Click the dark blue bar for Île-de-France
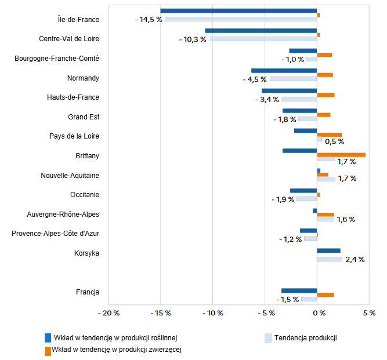(x=238, y=10)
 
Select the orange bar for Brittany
(x=341, y=155)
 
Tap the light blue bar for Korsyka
(x=330, y=259)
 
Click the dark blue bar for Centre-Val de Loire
(x=261, y=30)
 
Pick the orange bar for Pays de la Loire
(x=329, y=135)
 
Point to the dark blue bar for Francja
(x=299, y=290)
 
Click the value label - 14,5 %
(x=148, y=20)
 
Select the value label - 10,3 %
(x=193, y=39)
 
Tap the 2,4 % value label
(x=355, y=260)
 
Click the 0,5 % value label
(x=334, y=141)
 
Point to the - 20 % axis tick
(x=110, y=313)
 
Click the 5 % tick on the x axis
(x=369, y=313)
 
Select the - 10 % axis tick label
(x=213, y=313)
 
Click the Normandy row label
(x=83, y=78)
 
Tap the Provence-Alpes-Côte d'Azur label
(x=56, y=234)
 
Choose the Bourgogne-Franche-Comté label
(x=57, y=59)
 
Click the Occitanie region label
(x=85, y=195)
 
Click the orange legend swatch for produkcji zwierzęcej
(x=48, y=350)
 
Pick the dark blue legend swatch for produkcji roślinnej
(x=48, y=337)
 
